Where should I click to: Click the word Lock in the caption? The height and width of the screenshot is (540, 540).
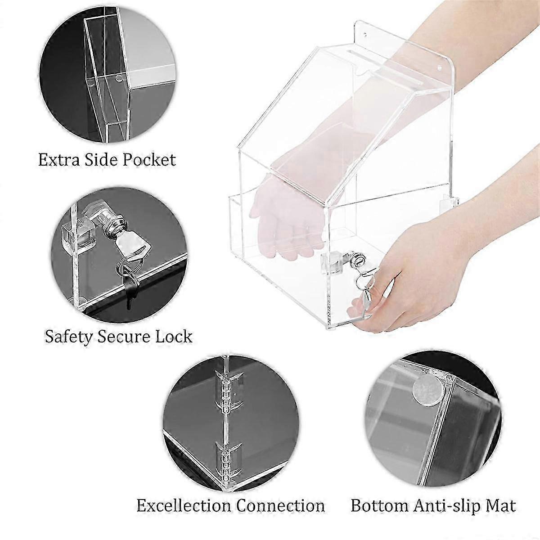point(173,336)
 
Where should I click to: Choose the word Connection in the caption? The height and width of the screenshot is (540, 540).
point(281,505)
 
